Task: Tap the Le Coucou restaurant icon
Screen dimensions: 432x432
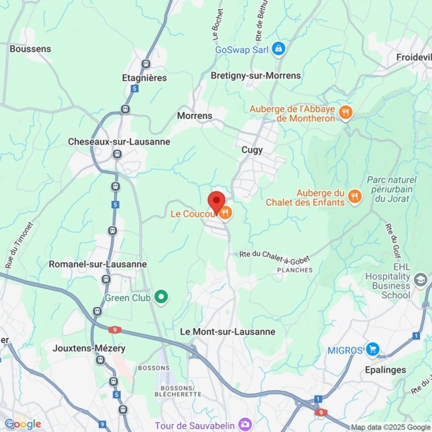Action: pos(225,213)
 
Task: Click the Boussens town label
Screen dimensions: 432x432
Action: pos(30,49)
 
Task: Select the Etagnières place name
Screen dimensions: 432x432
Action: pos(144,78)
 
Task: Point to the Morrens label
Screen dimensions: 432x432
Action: pos(195,115)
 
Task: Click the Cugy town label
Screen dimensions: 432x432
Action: pos(252,150)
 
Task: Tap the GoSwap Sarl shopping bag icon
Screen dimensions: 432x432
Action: pos(278,49)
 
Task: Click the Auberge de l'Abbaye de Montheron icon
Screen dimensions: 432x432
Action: pos(346,113)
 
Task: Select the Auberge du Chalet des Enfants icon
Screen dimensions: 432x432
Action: pos(355,197)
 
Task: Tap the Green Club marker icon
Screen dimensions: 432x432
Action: pos(161,297)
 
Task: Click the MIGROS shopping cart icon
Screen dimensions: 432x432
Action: pos(373,349)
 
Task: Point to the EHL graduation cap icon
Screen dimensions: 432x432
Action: pos(421,280)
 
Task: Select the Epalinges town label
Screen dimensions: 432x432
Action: pos(385,370)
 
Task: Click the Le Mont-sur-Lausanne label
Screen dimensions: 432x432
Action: pos(227,331)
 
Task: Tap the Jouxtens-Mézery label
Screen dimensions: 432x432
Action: pos(89,348)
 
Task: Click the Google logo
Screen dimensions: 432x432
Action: pos(23,424)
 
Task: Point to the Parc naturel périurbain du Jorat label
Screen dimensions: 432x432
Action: pos(392,189)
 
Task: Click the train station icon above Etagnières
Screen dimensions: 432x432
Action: pos(146,64)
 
